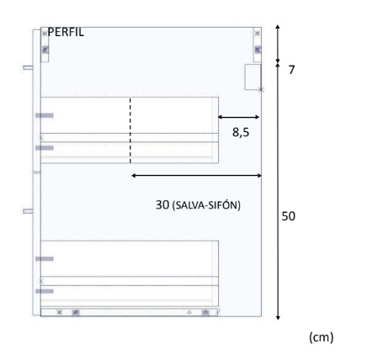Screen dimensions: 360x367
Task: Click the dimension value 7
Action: coord(292,70)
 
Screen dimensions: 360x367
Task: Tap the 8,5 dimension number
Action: coord(242,132)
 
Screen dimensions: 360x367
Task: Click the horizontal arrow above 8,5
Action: coord(239,118)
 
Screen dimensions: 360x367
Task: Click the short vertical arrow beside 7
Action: coord(279,44)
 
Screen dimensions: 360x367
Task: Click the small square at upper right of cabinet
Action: coord(253,77)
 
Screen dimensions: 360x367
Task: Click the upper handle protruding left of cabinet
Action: coord(28,66)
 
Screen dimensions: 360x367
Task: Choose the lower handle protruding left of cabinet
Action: coord(28,210)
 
